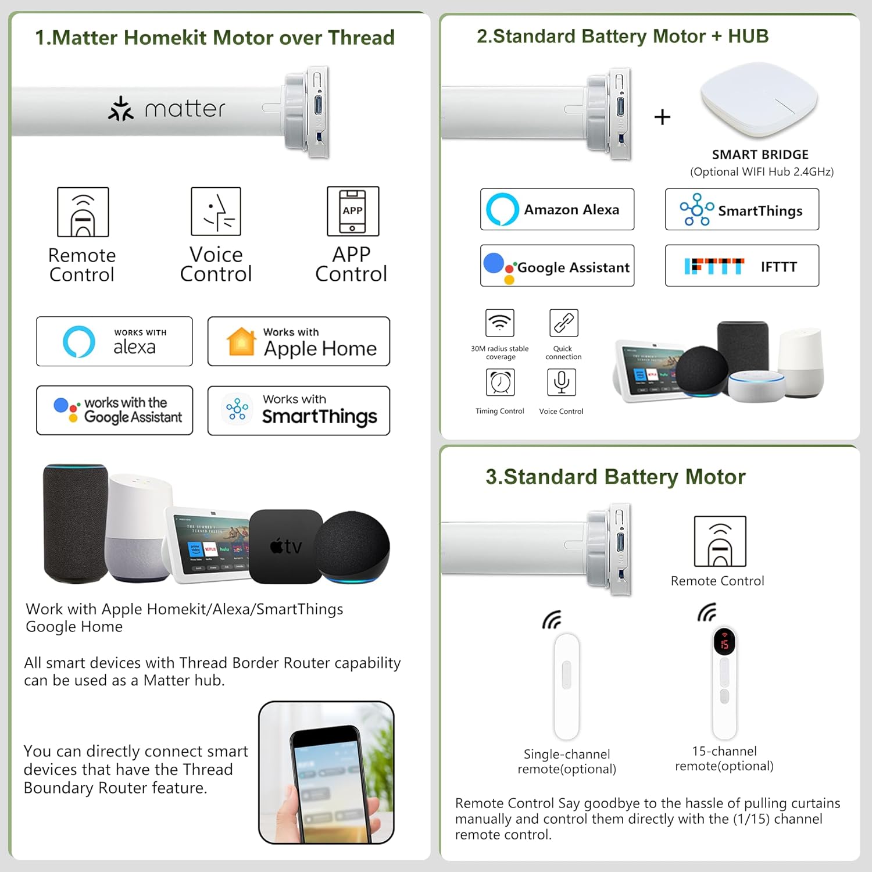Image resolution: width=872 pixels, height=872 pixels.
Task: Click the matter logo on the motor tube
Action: point(167,109)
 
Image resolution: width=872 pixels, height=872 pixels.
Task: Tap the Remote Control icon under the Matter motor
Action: point(83,212)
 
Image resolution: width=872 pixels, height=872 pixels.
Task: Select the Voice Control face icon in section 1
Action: point(216,211)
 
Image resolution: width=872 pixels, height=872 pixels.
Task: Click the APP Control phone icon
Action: point(352,211)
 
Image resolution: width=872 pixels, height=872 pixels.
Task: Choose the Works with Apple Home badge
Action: point(298,341)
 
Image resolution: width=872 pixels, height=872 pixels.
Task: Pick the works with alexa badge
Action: point(114,341)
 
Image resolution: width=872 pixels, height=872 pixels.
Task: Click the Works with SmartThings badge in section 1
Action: point(298,410)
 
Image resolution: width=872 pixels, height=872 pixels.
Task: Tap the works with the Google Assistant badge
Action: point(114,410)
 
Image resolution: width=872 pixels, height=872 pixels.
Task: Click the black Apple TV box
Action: point(285,546)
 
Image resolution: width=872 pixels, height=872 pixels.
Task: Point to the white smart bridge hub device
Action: point(759,99)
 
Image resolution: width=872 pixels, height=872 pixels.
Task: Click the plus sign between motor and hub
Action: point(662,117)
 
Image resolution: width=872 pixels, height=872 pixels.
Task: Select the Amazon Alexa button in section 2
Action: point(557,209)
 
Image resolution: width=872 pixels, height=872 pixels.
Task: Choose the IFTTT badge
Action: point(742,266)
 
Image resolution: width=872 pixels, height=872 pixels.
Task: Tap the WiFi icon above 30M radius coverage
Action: point(499,323)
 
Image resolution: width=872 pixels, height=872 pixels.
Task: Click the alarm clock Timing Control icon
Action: point(500,383)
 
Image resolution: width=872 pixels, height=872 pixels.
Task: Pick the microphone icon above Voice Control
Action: point(562,382)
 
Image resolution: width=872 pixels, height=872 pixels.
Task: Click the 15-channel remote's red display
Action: point(724,642)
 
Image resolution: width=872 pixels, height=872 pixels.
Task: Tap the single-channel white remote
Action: point(566,686)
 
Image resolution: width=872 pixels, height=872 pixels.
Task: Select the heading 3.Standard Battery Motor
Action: point(615,477)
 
